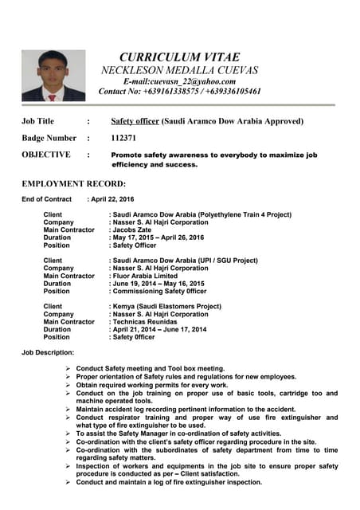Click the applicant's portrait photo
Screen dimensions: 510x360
click(x=53, y=76)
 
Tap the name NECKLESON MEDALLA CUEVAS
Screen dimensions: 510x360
click(x=180, y=70)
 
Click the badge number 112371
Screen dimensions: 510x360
click(x=124, y=138)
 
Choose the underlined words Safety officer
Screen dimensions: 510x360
click(x=135, y=121)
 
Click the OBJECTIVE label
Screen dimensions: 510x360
click(x=46, y=155)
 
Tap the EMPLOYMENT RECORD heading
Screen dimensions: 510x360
click(x=73, y=184)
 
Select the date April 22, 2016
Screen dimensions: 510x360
click(x=112, y=199)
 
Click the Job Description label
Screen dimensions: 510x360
click(x=48, y=352)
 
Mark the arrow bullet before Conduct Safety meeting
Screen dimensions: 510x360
click(x=69, y=368)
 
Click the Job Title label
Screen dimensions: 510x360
click(x=37, y=121)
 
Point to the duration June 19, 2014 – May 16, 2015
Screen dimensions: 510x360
click(x=158, y=283)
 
